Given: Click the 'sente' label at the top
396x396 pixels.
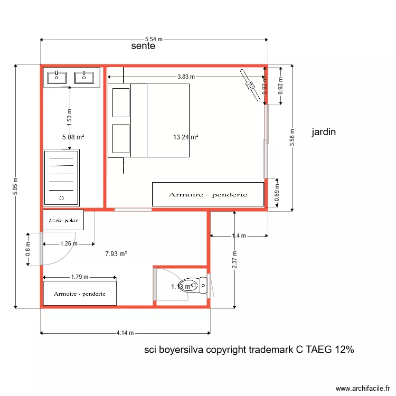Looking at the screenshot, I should pyautogui.click(x=143, y=46).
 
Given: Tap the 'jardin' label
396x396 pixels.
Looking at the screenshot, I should pyautogui.click(x=324, y=132).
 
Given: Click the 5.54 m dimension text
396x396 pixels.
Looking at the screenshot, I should pyautogui.click(x=154, y=39).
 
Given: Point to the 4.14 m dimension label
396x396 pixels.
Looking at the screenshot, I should pyautogui.click(x=126, y=333).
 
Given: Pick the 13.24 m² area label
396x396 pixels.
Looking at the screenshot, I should pyautogui.click(x=185, y=137).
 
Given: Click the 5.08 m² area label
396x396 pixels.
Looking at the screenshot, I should pyautogui.click(x=73, y=137).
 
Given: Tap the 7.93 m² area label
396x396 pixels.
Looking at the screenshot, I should pyautogui.click(x=116, y=253).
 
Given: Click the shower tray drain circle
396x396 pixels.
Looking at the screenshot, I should pyautogui.click(x=62, y=199).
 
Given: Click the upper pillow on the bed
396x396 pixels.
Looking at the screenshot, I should pyautogui.click(x=121, y=102).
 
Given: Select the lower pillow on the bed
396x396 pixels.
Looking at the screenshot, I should pyautogui.click(x=121, y=139).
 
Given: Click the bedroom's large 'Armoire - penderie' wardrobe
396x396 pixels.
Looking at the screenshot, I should pyautogui.click(x=208, y=195).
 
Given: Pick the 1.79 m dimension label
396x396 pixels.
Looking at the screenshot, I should pyautogui.click(x=80, y=277).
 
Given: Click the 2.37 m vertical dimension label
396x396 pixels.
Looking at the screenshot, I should pyautogui.click(x=234, y=259).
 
